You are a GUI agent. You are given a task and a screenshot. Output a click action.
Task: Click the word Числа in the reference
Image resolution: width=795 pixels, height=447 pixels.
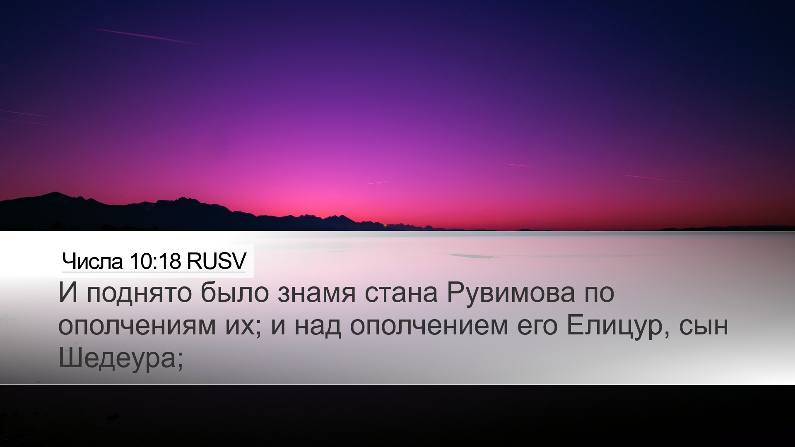[93, 261]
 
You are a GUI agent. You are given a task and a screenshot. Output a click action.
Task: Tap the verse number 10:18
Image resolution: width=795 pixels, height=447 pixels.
[155, 261]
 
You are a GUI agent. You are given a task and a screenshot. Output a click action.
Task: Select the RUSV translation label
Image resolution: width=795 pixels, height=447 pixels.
[217, 261]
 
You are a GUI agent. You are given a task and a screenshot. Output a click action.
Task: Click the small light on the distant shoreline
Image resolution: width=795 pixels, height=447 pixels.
[385, 226]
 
